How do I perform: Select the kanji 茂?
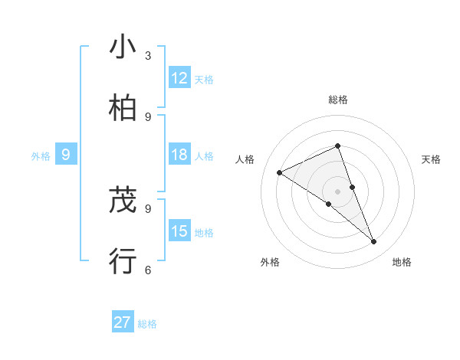[123, 201]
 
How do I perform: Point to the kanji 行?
[123, 261]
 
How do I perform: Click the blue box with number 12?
[179, 77]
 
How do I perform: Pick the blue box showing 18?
[179, 155]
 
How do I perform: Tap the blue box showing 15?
[179, 231]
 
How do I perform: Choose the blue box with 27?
[123, 322]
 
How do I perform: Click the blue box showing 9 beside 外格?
[66, 155]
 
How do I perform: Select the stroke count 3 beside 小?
[148, 56]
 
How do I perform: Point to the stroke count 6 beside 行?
[148, 270]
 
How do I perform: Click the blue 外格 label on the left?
[41, 155]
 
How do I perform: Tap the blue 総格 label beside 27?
[147, 324]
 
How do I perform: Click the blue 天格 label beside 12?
[204, 79]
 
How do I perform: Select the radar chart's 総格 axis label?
[337, 100]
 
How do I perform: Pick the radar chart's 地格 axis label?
[402, 262]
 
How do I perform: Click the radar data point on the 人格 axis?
[280, 173]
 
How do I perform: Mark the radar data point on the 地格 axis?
[374, 242]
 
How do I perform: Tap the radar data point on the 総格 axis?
[337, 146]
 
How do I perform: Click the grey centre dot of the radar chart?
[337, 191]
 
